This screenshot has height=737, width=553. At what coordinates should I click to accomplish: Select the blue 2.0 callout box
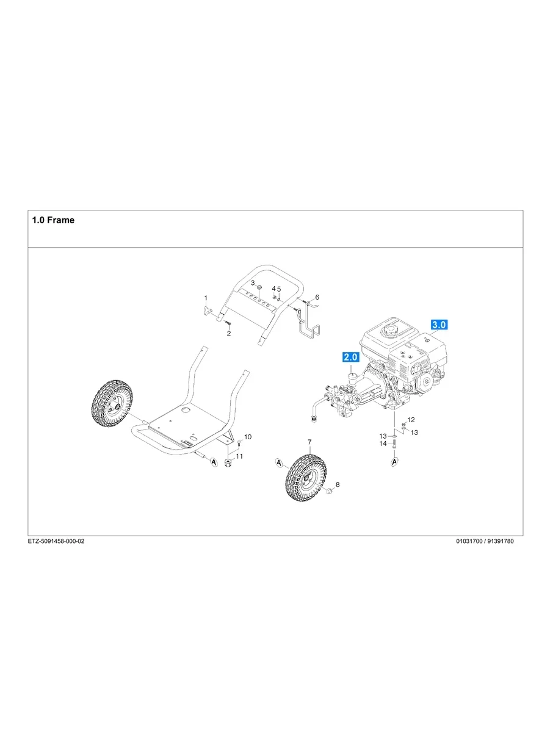350,357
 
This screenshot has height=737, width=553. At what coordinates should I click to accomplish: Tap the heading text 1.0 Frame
53,220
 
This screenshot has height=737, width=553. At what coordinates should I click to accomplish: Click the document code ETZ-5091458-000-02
56,542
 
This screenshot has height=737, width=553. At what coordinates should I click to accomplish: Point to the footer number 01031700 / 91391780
484,542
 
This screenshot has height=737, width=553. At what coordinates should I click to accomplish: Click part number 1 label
206,298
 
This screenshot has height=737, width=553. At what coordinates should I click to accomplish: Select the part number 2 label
229,334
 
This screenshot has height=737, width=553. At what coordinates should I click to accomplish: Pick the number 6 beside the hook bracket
317,297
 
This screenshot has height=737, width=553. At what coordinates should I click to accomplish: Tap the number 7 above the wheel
309,442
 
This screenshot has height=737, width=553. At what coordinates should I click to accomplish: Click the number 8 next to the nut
338,484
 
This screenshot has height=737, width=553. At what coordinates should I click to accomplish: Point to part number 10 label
247,437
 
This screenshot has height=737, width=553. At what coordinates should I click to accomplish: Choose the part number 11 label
240,456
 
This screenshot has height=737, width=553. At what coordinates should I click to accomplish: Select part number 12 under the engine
411,420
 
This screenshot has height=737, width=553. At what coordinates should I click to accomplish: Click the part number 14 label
383,444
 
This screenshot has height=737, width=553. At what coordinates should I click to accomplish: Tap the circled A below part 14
394,462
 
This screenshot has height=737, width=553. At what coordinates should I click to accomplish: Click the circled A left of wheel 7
279,464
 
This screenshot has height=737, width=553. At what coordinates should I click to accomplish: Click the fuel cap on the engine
388,331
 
